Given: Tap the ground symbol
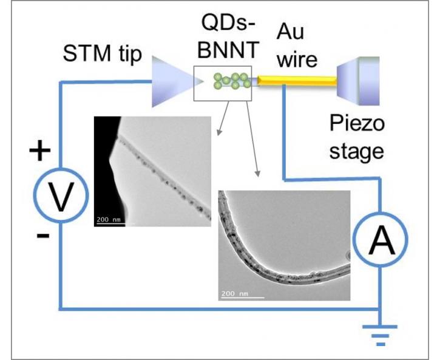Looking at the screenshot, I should [381, 335].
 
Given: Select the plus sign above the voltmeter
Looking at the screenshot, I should [40, 152].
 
